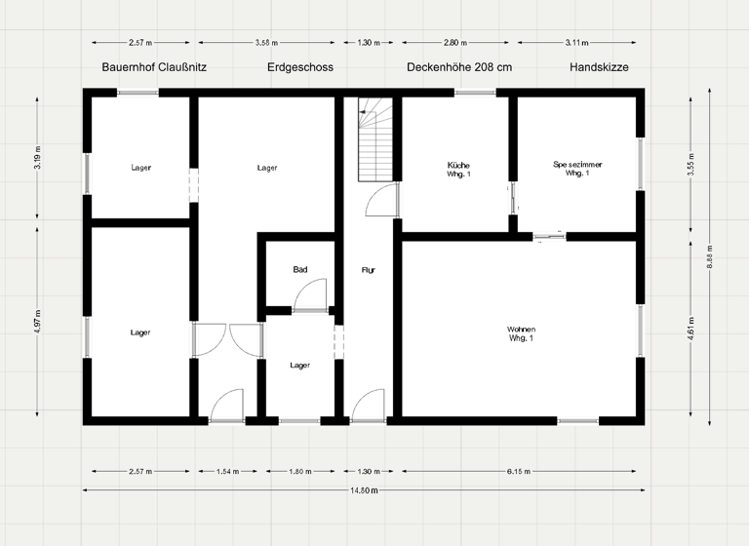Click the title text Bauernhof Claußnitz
point(154,67)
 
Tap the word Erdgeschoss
point(300,67)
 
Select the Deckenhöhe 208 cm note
point(458,67)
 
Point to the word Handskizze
point(599,67)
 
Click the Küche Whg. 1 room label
point(458,169)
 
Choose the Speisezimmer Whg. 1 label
point(577,169)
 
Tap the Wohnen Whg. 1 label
point(521,333)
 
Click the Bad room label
point(300,269)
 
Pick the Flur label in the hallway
point(368,269)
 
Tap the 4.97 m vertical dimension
point(37,320)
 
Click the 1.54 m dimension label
point(229,471)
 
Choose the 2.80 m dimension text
point(455,43)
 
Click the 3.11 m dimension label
point(578,43)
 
